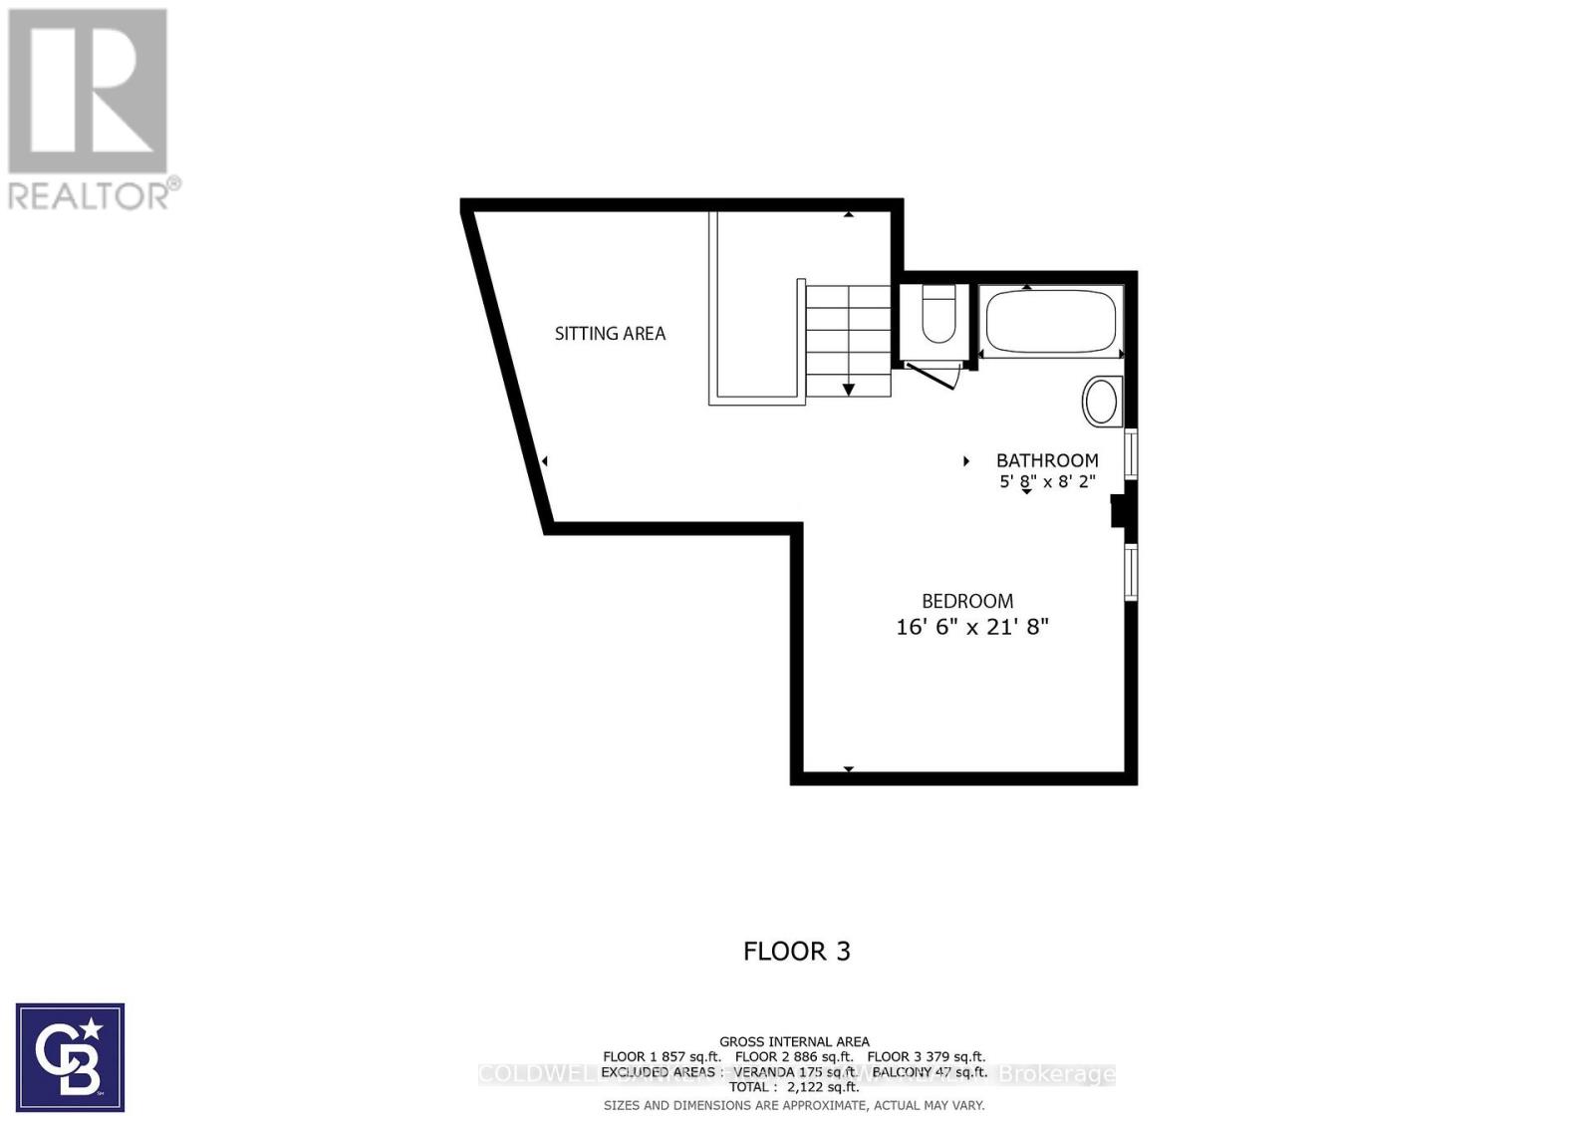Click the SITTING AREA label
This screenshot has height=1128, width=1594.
[x=610, y=334]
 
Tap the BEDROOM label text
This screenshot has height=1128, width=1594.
[x=966, y=601]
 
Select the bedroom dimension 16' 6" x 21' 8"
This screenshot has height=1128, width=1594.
[x=972, y=627]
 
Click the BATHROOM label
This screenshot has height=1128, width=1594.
[x=1047, y=460]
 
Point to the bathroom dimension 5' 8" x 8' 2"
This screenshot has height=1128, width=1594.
[x=1047, y=481]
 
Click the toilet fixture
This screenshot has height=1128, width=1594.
[x=937, y=313]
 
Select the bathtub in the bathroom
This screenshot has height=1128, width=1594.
[x=1051, y=321]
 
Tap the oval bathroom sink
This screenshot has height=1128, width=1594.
[x=1101, y=402]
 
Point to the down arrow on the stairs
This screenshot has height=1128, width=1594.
[x=849, y=389]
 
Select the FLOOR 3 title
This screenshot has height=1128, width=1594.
[x=797, y=951]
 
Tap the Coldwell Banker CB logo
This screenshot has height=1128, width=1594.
[x=70, y=1057]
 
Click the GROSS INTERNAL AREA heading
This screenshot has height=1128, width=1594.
[x=794, y=1041]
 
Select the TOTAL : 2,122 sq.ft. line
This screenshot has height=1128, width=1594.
[x=794, y=1087]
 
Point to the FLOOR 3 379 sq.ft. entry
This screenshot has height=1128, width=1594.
[x=926, y=1056]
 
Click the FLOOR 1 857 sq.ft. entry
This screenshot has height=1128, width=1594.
[x=662, y=1056]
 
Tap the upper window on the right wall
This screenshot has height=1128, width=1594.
[x=1131, y=454]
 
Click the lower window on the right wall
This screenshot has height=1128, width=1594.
[x=1131, y=571]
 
